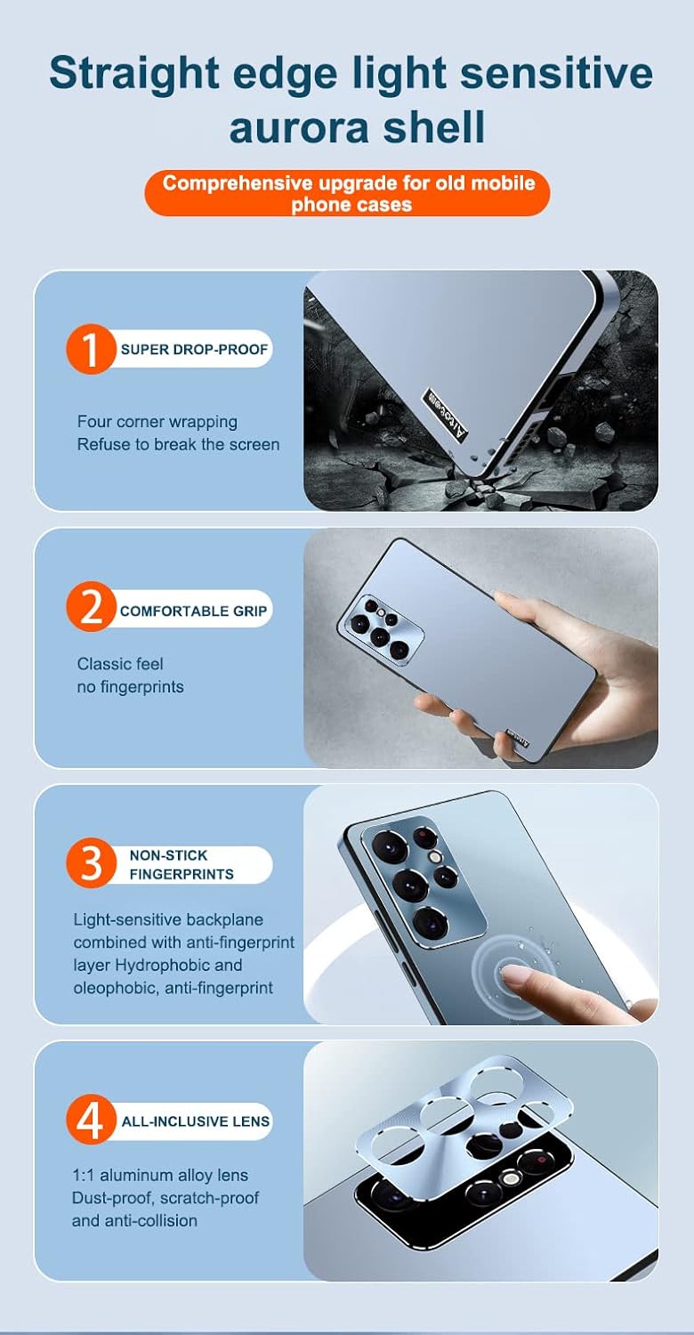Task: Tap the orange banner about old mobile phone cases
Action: point(347,193)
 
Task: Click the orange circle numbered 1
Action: point(91,349)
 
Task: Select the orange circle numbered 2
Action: point(91,610)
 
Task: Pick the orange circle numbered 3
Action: point(91,864)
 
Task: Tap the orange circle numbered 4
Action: point(91,1121)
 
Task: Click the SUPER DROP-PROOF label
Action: point(194,349)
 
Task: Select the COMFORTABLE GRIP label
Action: point(194,611)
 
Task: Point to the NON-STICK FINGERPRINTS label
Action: point(182,864)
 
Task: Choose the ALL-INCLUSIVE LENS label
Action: point(196,1121)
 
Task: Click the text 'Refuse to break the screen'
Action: point(178,444)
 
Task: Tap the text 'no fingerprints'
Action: point(130,687)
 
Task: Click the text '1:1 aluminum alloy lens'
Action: point(160,1176)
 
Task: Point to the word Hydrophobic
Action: point(165,966)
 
